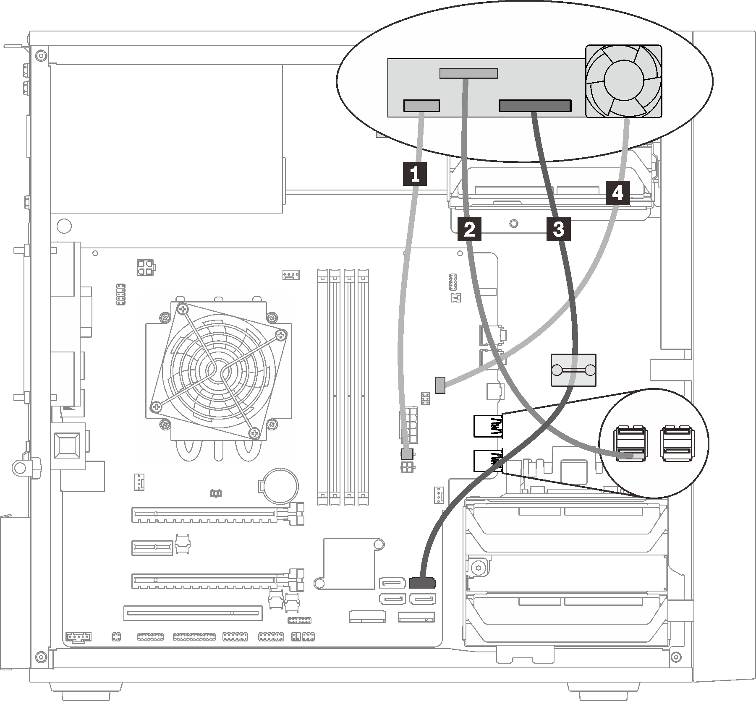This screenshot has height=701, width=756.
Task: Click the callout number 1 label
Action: point(415,174)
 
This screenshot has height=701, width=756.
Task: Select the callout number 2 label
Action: point(469,229)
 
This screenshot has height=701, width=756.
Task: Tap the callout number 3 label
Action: point(558,229)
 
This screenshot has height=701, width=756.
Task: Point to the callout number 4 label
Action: point(617,193)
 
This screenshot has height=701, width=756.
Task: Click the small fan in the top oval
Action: point(623,81)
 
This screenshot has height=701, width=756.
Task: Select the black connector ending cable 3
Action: point(423,582)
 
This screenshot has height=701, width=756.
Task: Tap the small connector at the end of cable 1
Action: point(406,453)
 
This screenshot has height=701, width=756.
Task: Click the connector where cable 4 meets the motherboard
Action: point(440,385)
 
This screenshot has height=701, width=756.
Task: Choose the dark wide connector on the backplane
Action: point(535,106)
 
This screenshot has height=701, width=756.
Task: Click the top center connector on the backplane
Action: point(468,73)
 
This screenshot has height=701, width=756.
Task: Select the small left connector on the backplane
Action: point(421,106)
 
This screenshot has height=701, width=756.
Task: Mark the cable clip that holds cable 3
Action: point(573,370)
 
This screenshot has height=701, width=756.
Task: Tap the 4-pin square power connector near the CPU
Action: point(145,267)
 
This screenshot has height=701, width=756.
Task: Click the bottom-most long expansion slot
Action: point(193,613)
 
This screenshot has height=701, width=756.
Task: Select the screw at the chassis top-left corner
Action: point(39,55)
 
